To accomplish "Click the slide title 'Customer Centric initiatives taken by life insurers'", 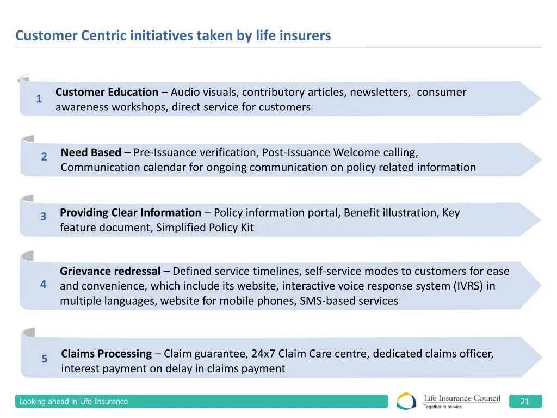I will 173,36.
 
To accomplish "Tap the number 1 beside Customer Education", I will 39,99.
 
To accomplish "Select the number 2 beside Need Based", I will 44,157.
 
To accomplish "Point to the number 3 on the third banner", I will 43,217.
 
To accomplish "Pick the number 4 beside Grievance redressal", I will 43,285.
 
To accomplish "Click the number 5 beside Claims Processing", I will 45,359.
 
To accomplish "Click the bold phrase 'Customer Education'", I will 107,93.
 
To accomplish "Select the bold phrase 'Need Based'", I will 91,152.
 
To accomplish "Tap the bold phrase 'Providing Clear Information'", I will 131,213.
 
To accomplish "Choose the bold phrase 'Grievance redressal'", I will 110,271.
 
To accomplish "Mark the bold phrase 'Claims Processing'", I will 107,354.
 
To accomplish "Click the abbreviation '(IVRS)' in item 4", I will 467,286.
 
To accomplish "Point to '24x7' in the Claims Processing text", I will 263,354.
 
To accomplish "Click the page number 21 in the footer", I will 525,402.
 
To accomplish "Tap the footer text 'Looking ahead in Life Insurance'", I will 73,402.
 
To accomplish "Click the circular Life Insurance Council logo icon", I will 406,401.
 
